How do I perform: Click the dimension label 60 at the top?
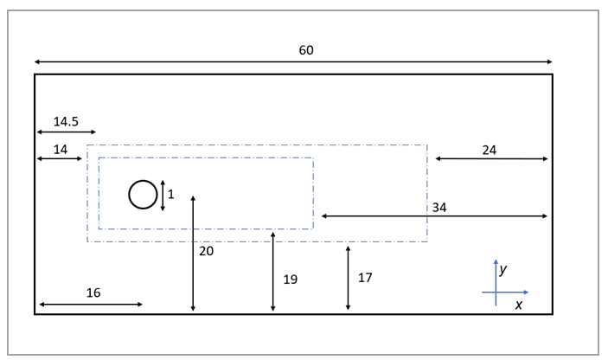pyautogui.click(x=306, y=50)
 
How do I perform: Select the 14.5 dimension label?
pyautogui.click(x=66, y=122)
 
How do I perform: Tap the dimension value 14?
pyautogui.click(x=61, y=150)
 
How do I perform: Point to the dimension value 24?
pyautogui.click(x=490, y=150)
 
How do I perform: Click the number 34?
pyautogui.click(x=439, y=208)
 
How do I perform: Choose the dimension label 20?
pyautogui.click(x=206, y=251)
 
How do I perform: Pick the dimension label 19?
pyautogui.click(x=290, y=280)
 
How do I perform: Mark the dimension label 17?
pyautogui.click(x=365, y=278)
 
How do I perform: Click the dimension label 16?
pyautogui.click(x=93, y=293)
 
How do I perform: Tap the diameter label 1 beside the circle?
pyautogui.click(x=171, y=195)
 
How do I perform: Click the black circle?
pyautogui.click(x=144, y=195)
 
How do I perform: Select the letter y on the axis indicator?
pyautogui.click(x=503, y=269)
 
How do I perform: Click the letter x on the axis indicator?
pyautogui.click(x=519, y=305)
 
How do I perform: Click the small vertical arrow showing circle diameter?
pyautogui.click(x=163, y=196)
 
